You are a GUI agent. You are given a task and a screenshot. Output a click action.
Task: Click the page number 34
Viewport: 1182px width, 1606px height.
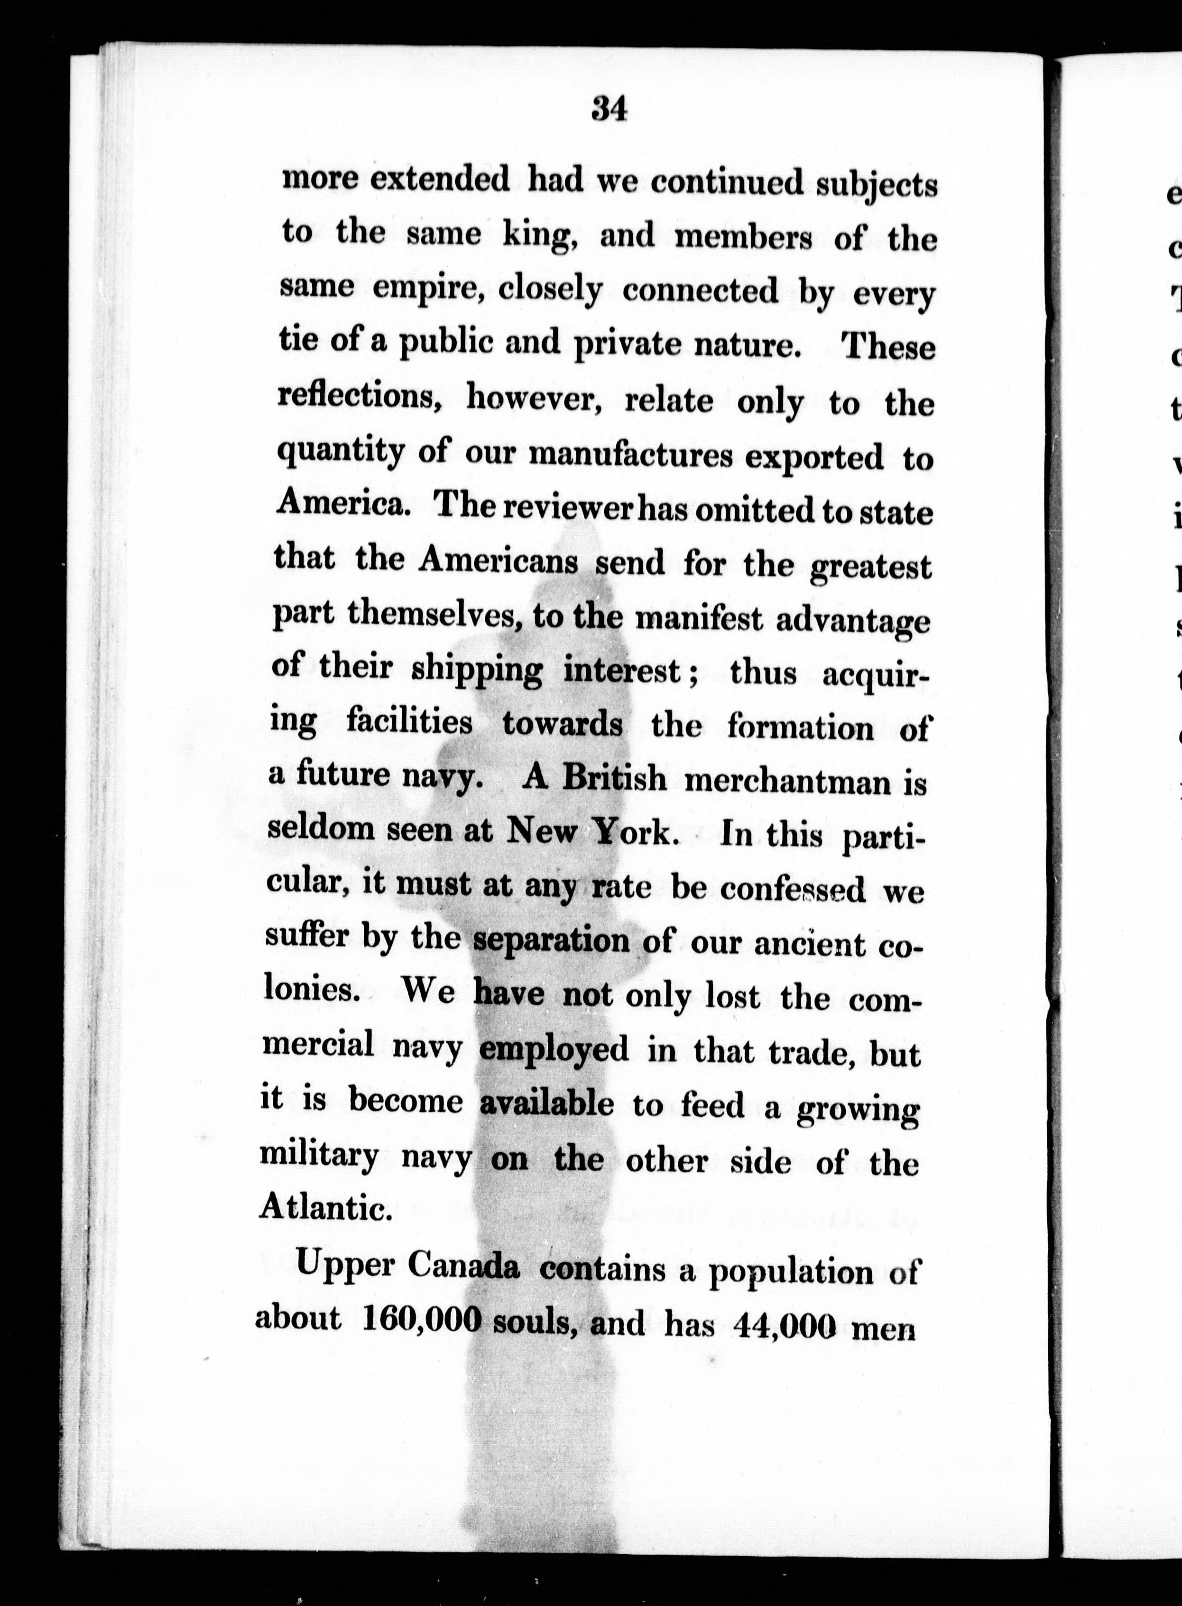coord(609,111)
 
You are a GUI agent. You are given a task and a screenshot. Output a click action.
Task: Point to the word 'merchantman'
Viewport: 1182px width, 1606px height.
coord(787,781)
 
